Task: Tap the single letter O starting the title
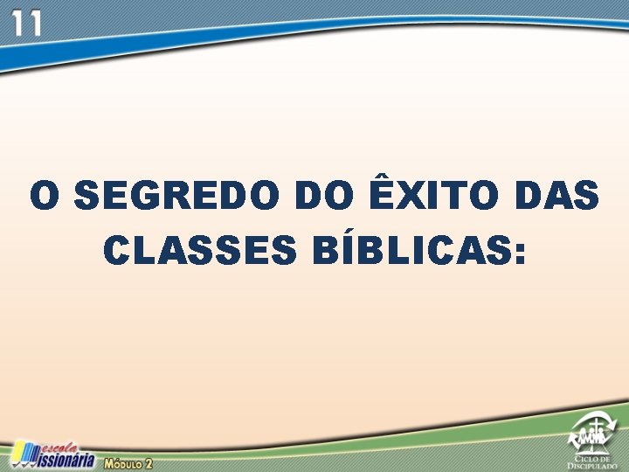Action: [x=45, y=196]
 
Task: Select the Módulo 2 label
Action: [x=128, y=462]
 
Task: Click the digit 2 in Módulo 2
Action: [x=149, y=462]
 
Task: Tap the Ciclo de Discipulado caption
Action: [x=595, y=462]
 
